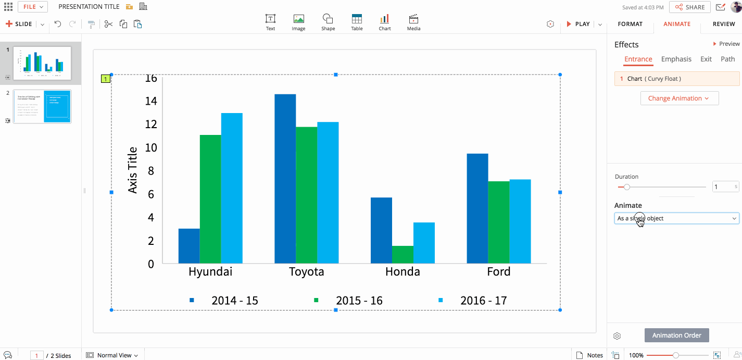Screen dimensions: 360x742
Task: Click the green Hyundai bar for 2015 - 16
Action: tap(210, 198)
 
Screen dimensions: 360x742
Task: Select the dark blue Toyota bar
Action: tap(285, 178)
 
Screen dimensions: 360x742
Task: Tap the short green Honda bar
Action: tap(403, 254)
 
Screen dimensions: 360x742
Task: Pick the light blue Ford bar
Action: tap(520, 221)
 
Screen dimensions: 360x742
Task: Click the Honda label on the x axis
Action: tap(403, 271)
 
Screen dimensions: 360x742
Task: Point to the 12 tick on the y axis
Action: tap(150, 124)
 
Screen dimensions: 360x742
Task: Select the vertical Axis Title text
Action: tap(133, 170)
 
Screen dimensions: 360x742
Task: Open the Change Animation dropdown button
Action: tap(679, 98)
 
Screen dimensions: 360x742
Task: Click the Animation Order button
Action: tap(676, 336)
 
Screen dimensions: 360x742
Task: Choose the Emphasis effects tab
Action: tap(676, 59)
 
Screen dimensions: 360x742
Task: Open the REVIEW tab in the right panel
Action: tap(723, 24)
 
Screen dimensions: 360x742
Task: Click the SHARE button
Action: tap(690, 7)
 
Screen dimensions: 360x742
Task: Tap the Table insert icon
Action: tap(357, 22)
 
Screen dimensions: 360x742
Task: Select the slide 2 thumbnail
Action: tap(42, 106)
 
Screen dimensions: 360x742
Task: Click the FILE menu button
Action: tap(33, 7)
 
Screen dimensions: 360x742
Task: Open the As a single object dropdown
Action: tap(676, 218)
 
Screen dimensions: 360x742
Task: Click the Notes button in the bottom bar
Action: tap(590, 355)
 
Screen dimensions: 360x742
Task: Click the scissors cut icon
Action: tap(108, 24)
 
